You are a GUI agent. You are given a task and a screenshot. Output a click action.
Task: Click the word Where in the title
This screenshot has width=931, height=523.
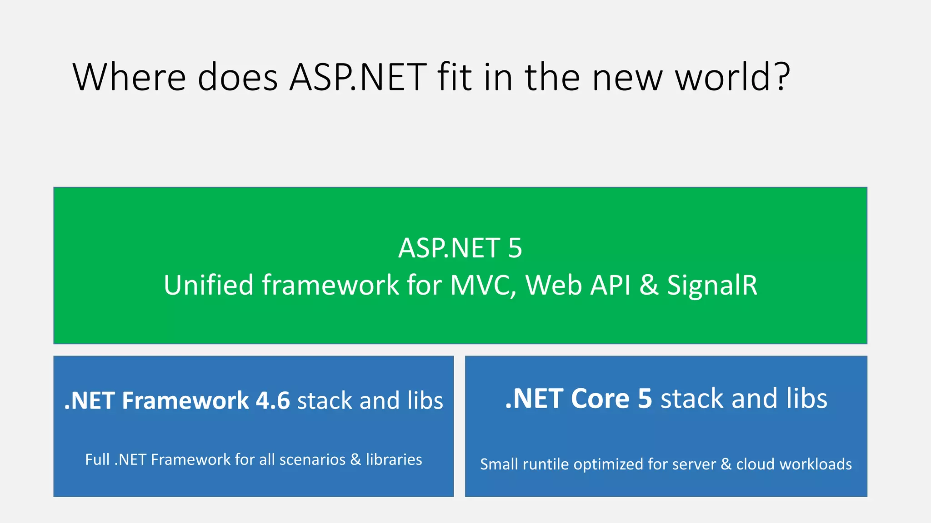coord(129,77)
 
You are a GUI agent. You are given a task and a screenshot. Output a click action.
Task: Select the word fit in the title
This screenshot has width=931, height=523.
coord(455,77)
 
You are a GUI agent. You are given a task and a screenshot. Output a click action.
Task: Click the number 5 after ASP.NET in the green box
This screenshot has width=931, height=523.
coord(515,248)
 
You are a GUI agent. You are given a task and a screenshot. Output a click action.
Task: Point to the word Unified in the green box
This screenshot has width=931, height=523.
coord(208,285)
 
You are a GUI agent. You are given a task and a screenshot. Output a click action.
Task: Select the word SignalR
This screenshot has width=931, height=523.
coord(712,285)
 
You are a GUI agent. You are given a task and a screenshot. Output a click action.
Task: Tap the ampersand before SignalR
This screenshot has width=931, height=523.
coord(649,285)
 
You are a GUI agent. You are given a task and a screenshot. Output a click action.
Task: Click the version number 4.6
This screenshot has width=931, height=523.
coord(273,400)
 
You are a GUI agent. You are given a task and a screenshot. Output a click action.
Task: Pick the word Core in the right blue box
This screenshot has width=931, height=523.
coord(600,399)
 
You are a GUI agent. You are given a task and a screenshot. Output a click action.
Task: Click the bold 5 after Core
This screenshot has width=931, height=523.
coord(645,399)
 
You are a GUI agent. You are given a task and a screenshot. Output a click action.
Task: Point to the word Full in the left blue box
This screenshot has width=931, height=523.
coord(97,459)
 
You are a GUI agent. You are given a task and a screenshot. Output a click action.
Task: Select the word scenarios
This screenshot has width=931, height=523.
coord(312,459)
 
